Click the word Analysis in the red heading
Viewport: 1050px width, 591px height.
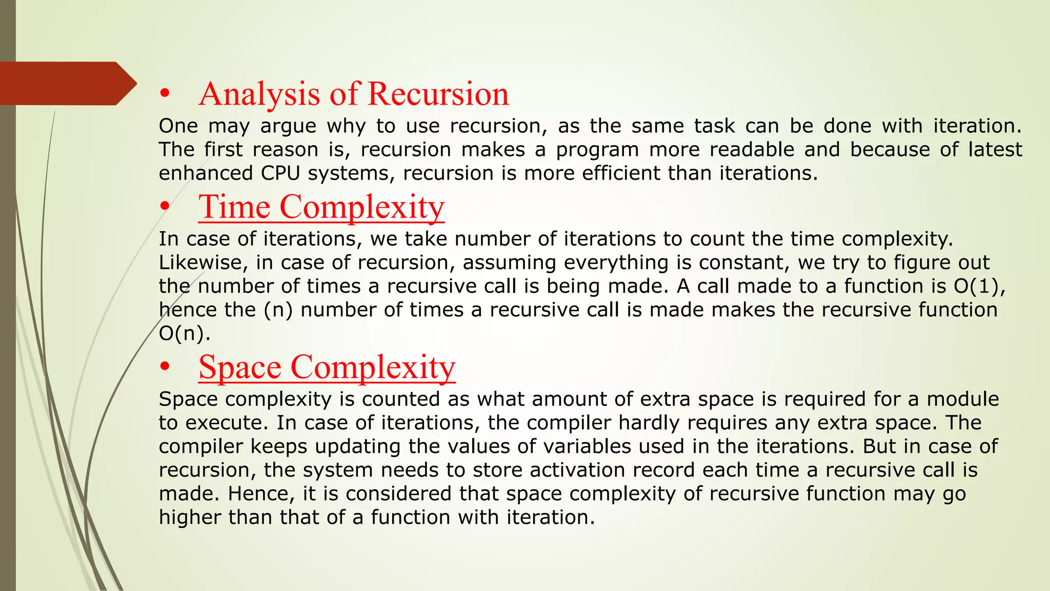tap(259, 94)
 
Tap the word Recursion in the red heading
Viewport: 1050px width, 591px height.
tap(438, 94)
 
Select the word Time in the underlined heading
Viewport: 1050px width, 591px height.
tap(234, 207)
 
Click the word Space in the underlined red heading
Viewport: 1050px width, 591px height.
tap(240, 367)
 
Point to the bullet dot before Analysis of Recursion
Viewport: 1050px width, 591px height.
tap(164, 94)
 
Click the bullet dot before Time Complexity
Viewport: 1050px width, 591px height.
tap(164, 207)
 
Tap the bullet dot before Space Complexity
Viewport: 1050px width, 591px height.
tap(164, 367)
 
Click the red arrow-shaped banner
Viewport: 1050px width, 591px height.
tap(67, 84)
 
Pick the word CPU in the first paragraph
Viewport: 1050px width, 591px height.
tap(280, 173)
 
